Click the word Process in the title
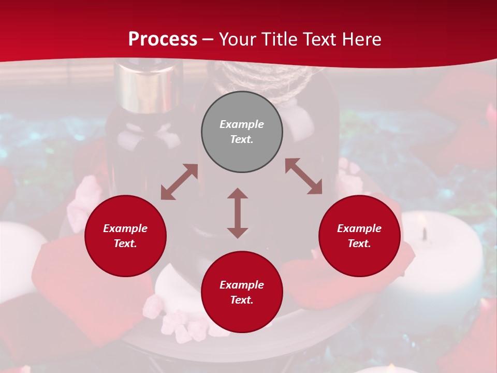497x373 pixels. pyautogui.click(x=163, y=39)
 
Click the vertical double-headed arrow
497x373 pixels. pyautogui.click(x=238, y=213)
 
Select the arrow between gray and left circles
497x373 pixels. pyautogui.click(x=179, y=182)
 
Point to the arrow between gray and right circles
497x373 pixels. pyautogui.click(x=303, y=176)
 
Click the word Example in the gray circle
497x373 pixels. pyautogui.click(x=242, y=124)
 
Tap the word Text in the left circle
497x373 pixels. pyautogui.click(x=125, y=243)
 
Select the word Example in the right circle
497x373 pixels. pyautogui.click(x=359, y=228)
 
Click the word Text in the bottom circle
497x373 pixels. pyautogui.click(x=242, y=300)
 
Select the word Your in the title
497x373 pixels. pyautogui.click(x=236, y=39)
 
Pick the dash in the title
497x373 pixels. pyautogui.click(x=208, y=39)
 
